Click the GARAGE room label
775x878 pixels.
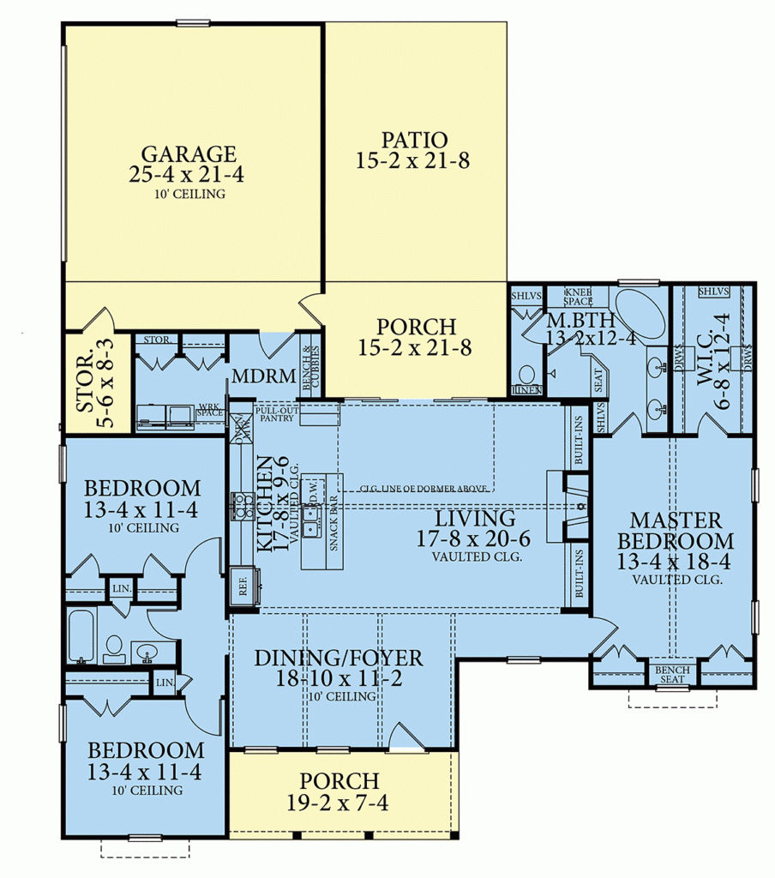point(189,154)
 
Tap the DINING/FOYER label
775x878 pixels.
point(339,658)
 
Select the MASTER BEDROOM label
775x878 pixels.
point(676,531)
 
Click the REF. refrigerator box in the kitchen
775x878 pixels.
point(243,591)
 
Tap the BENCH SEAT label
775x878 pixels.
point(671,675)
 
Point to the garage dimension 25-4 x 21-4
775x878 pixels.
point(189,177)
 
